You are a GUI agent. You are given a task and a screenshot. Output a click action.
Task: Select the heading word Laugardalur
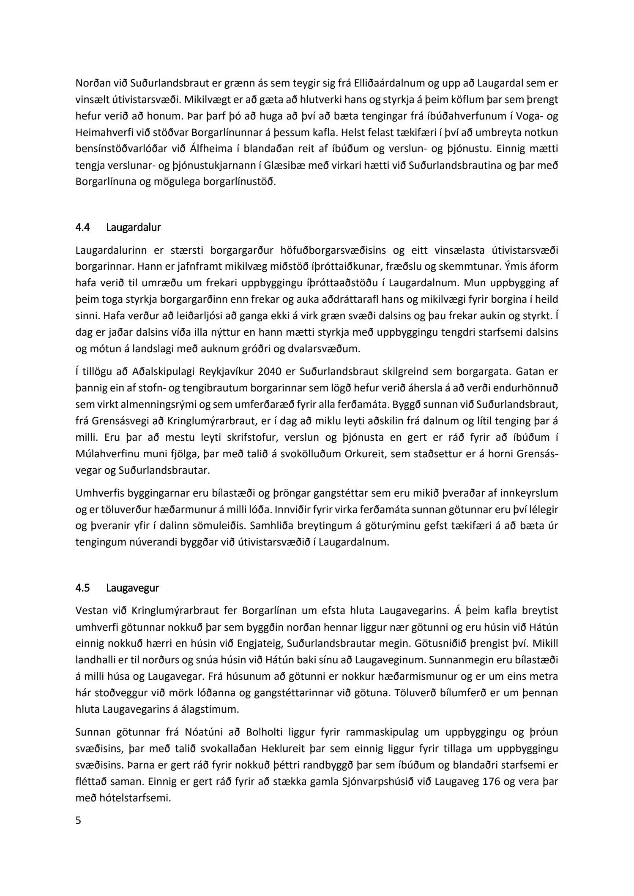coord(134,228)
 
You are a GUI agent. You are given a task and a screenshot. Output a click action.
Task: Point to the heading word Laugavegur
coord(133,587)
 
